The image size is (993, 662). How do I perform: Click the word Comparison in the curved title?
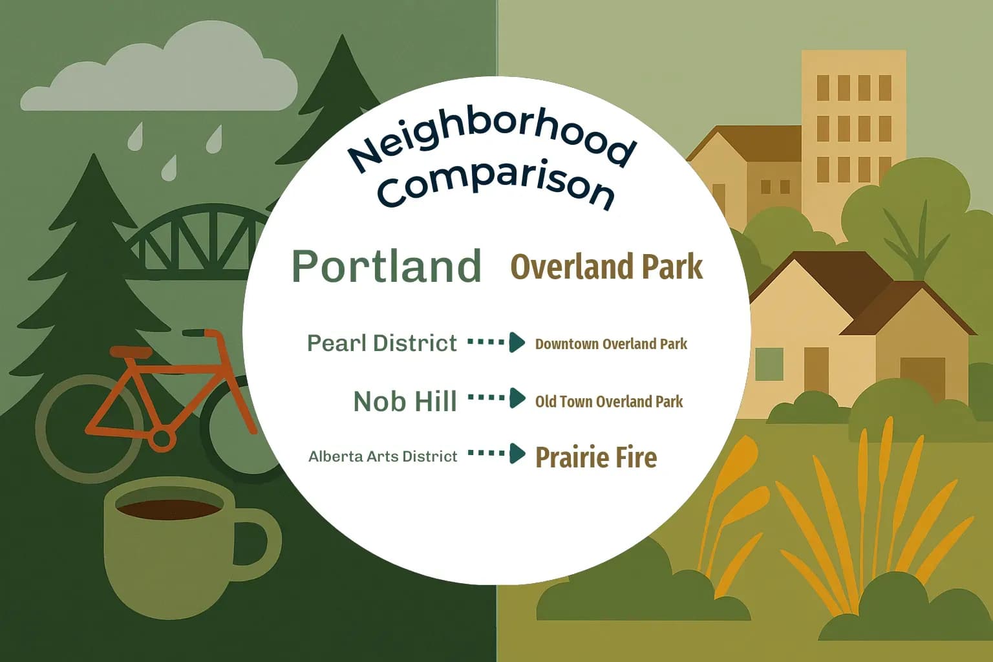click(x=495, y=184)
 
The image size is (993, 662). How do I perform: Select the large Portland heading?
click(x=387, y=266)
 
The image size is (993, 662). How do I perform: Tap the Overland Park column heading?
click(x=606, y=267)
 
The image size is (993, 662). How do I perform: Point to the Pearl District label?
click(x=381, y=343)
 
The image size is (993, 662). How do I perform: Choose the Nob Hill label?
click(x=405, y=401)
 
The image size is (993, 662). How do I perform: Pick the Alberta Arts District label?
click(x=383, y=456)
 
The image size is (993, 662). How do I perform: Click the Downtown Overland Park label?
click(x=611, y=344)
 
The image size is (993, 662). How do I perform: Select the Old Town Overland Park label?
click(x=608, y=401)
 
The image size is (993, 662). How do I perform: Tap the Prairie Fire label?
click(x=596, y=457)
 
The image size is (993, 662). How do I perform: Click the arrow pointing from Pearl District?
click(x=496, y=342)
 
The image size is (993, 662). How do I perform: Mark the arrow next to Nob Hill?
click(x=496, y=398)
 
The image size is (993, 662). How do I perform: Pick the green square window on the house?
click(x=769, y=363)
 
